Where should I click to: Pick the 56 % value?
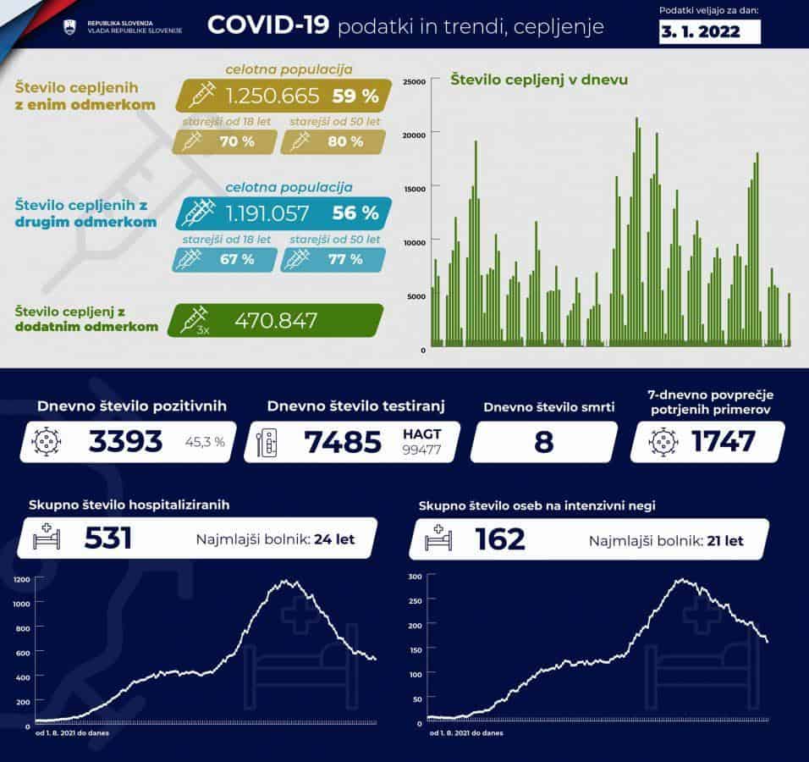coord(355,213)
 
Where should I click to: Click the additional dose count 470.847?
coord(276,321)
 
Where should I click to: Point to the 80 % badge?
coord(344,141)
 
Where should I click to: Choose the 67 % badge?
coord(237,259)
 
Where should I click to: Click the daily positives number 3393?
coord(125,441)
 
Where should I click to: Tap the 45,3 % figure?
coord(205,441)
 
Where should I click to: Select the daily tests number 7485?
coord(344,441)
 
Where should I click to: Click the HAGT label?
coord(421,433)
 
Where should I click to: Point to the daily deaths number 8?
coord(542,442)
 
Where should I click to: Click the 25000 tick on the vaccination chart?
coord(412,81)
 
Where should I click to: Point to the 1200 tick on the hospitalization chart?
coord(21,579)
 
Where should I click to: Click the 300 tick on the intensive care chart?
coord(415,577)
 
